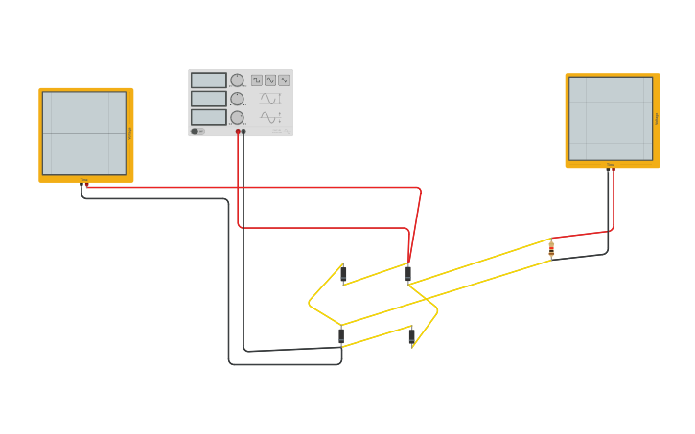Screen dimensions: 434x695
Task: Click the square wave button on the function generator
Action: click(257, 80)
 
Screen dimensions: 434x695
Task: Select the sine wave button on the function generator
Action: click(270, 80)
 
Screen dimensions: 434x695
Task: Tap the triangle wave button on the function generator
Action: click(284, 80)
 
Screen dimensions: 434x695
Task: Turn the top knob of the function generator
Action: click(237, 80)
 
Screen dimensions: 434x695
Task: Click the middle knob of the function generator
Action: click(237, 99)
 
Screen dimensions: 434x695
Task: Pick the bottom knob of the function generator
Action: click(237, 117)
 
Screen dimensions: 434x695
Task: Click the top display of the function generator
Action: click(208, 80)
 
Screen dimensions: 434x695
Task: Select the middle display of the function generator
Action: click(208, 99)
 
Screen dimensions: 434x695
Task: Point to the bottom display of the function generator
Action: click(208, 117)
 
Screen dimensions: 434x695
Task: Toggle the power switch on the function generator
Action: click(197, 131)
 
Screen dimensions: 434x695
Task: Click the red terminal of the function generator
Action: click(238, 132)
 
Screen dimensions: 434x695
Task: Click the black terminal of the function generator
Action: click(243, 132)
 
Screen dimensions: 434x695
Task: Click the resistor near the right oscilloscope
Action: click(551, 249)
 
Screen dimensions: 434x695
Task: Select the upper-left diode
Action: click(343, 275)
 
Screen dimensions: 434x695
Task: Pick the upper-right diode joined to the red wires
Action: click(408, 274)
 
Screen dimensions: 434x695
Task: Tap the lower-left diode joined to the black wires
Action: click(341, 335)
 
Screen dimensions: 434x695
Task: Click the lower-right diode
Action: click(411, 335)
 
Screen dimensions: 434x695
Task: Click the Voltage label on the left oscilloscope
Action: click(130, 133)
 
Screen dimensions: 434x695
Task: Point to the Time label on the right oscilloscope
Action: click(610, 165)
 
